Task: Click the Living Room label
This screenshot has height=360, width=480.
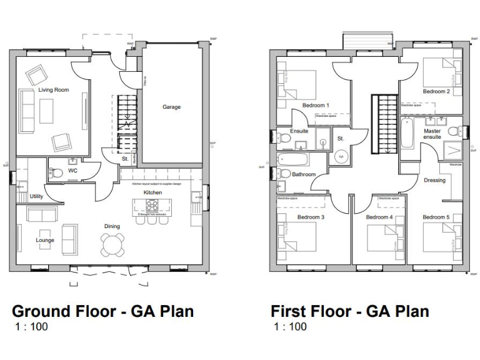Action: (x=53, y=90)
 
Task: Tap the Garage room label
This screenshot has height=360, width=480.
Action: (x=172, y=107)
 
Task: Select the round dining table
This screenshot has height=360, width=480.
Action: (x=113, y=244)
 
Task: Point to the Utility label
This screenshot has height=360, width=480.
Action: (x=36, y=196)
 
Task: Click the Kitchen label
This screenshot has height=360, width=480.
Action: (x=152, y=192)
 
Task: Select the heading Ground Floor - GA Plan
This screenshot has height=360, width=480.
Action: (x=103, y=311)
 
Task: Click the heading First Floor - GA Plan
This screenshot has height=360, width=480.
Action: (x=349, y=311)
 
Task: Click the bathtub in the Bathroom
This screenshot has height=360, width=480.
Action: (x=292, y=160)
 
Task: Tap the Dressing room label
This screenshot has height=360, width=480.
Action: (x=434, y=180)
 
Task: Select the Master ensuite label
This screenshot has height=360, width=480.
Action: (x=432, y=134)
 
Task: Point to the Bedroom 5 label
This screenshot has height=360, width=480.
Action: (x=435, y=217)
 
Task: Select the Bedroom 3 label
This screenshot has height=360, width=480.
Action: (x=311, y=217)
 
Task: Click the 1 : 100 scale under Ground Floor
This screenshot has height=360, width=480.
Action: (x=31, y=326)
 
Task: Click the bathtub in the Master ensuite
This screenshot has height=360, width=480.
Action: (x=407, y=134)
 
